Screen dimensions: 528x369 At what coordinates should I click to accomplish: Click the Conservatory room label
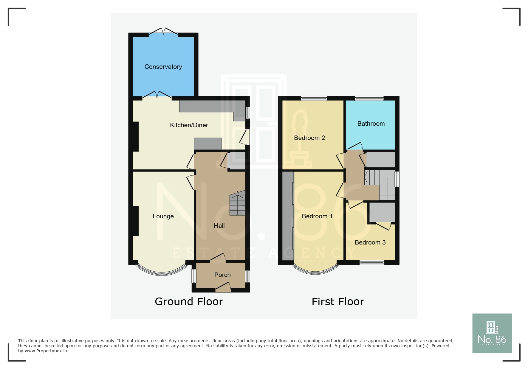163,67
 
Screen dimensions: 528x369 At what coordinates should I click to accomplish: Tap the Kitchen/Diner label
189,125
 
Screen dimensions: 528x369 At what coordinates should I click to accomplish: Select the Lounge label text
163,217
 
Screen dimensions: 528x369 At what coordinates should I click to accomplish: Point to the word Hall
219,226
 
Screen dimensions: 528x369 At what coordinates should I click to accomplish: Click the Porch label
222,275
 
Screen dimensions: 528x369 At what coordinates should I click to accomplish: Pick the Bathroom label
371,124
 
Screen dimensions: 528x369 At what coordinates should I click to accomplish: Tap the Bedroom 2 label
309,138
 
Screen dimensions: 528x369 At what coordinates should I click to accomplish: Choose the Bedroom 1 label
317,216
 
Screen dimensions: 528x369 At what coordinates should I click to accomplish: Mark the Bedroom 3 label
370,242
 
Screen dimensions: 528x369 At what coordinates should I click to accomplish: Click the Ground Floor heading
189,302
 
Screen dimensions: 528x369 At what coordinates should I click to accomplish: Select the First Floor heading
338,302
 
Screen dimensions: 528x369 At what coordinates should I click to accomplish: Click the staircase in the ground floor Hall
238,203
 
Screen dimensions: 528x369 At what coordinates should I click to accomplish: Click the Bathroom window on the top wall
369,98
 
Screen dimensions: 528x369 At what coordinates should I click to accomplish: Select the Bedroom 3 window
372,262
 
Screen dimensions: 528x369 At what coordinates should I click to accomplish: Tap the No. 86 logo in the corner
492,333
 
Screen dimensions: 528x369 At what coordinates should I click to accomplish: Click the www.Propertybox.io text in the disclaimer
46,351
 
